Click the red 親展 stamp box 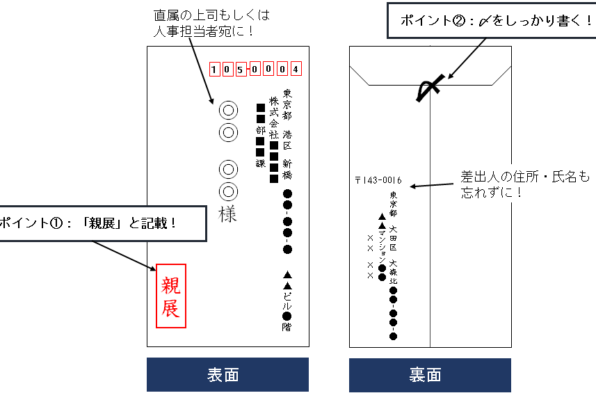point(171,296)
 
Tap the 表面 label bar point(227,374)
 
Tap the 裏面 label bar point(430,374)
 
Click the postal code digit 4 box point(296,69)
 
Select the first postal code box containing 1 point(215,69)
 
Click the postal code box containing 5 point(240,69)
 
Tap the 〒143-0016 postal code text point(378,180)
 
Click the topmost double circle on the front point(228,109)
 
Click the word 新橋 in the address point(287,169)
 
